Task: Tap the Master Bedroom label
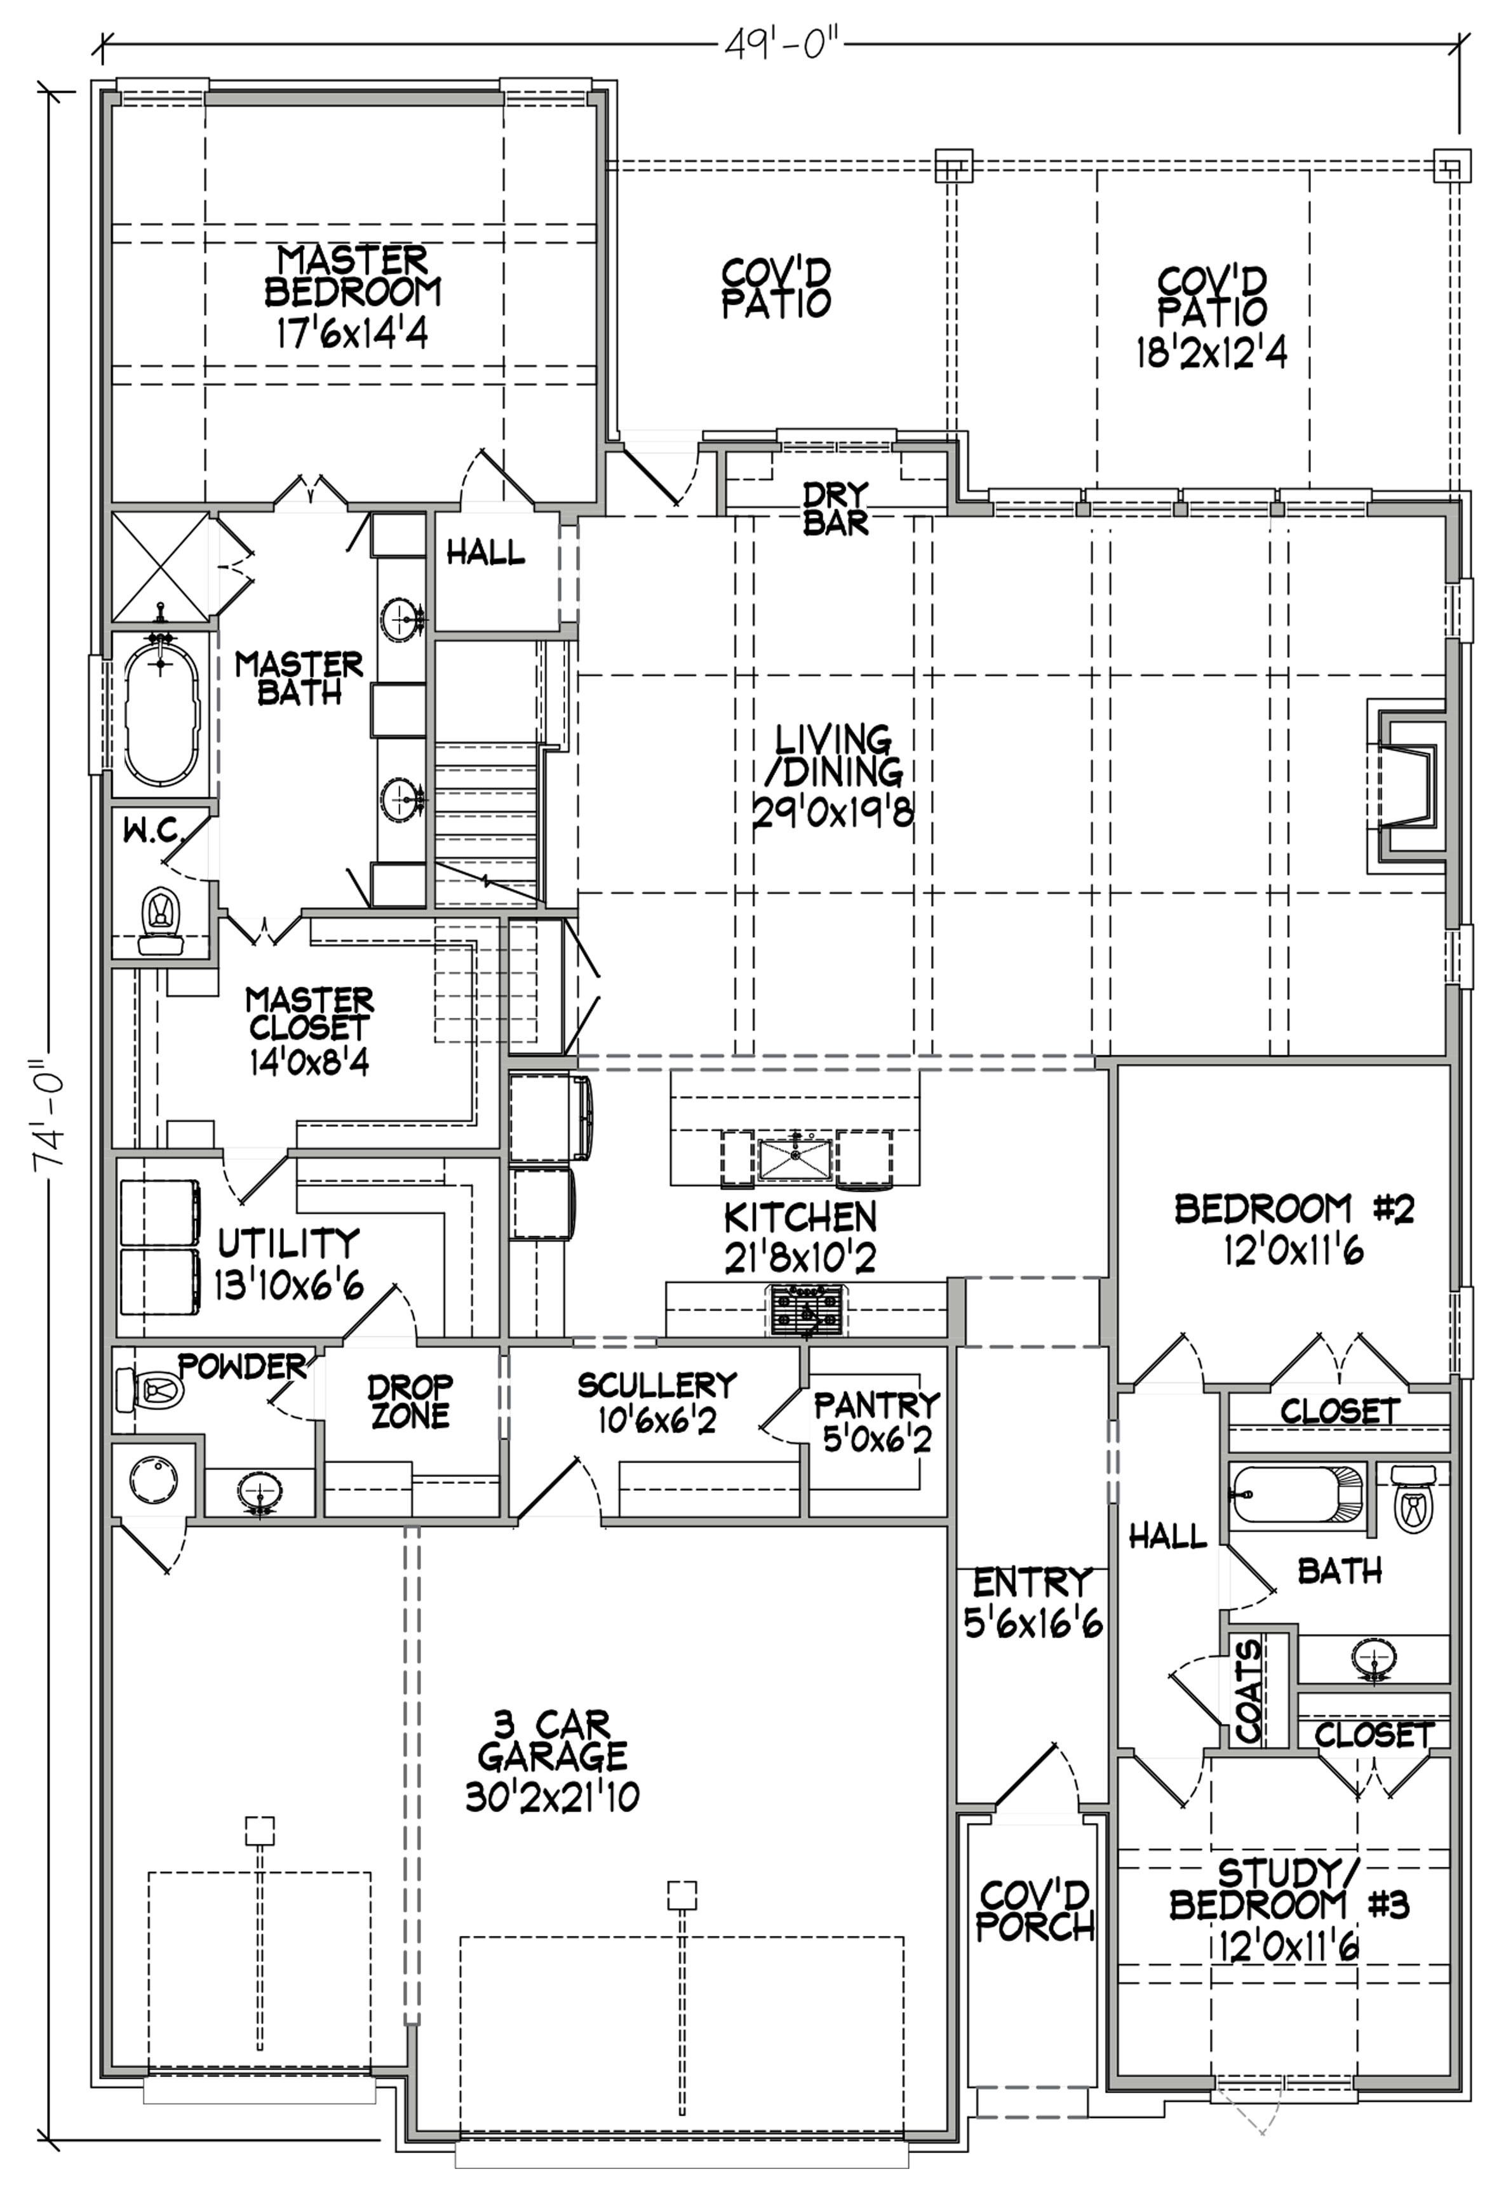tap(353, 297)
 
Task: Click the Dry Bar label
tap(836, 509)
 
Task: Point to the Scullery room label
tap(657, 1385)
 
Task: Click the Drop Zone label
tap(410, 1401)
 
